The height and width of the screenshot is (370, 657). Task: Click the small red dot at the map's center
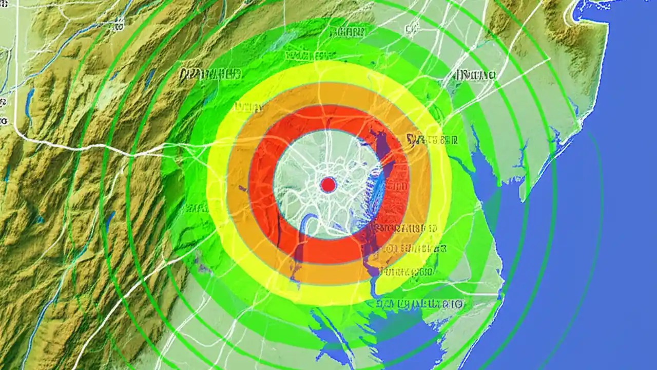point(328,184)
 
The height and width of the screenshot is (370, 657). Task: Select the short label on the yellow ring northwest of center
point(247,107)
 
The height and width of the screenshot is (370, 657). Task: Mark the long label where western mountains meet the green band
point(210,75)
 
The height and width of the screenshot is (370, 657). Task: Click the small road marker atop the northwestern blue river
point(119,22)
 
